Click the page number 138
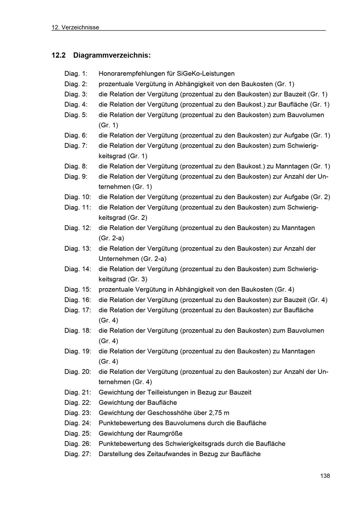coord(325,476)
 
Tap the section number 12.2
coord(59,55)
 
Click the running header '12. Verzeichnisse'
coord(75,27)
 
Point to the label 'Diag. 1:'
coord(76,74)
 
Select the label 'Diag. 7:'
coord(76,146)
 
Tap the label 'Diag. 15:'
coord(78,290)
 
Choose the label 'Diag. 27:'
coord(78,454)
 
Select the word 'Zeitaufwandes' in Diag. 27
coord(168,454)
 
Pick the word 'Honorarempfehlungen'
coord(131,74)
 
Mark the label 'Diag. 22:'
coord(78,403)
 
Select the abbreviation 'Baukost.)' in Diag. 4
coord(251,105)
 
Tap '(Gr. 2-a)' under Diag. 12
coord(112,238)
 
